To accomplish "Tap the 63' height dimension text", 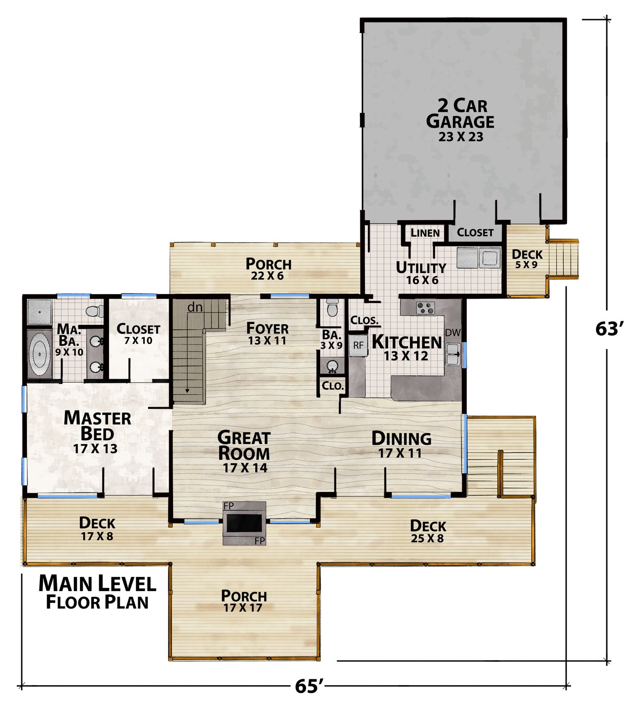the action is pyautogui.click(x=609, y=329).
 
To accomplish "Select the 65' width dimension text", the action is pyautogui.click(x=309, y=686).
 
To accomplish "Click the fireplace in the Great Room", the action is pyautogui.click(x=244, y=523).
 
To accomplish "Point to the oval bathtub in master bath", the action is pyautogui.click(x=39, y=354).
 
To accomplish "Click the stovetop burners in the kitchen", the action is pyautogui.click(x=425, y=308).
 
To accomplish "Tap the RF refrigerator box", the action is pyautogui.click(x=358, y=345).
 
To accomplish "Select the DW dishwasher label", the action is pyautogui.click(x=453, y=332).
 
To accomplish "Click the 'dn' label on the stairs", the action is pyautogui.click(x=195, y=307).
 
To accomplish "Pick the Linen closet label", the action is pyautogui.click(x=425, y=233).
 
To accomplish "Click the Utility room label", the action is pyautogui.click(x=421, y=268).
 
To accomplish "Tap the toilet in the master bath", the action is pyautogui.click(x=95, y=311).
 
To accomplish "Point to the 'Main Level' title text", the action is pyautogui.click(x=97, y=584).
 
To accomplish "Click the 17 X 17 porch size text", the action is pyautogui.click(x=243, y=608).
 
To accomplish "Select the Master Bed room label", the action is pyautogui.click(x=97, y=426).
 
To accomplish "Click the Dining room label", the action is pyautogui.click(x=402, y=439).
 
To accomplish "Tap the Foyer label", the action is pyautogui.click(x=267, y=328).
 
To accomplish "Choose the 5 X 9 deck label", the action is pyautogui.click(x=526, y=264).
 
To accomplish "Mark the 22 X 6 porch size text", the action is pyautogui.click(x=267, y=276).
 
